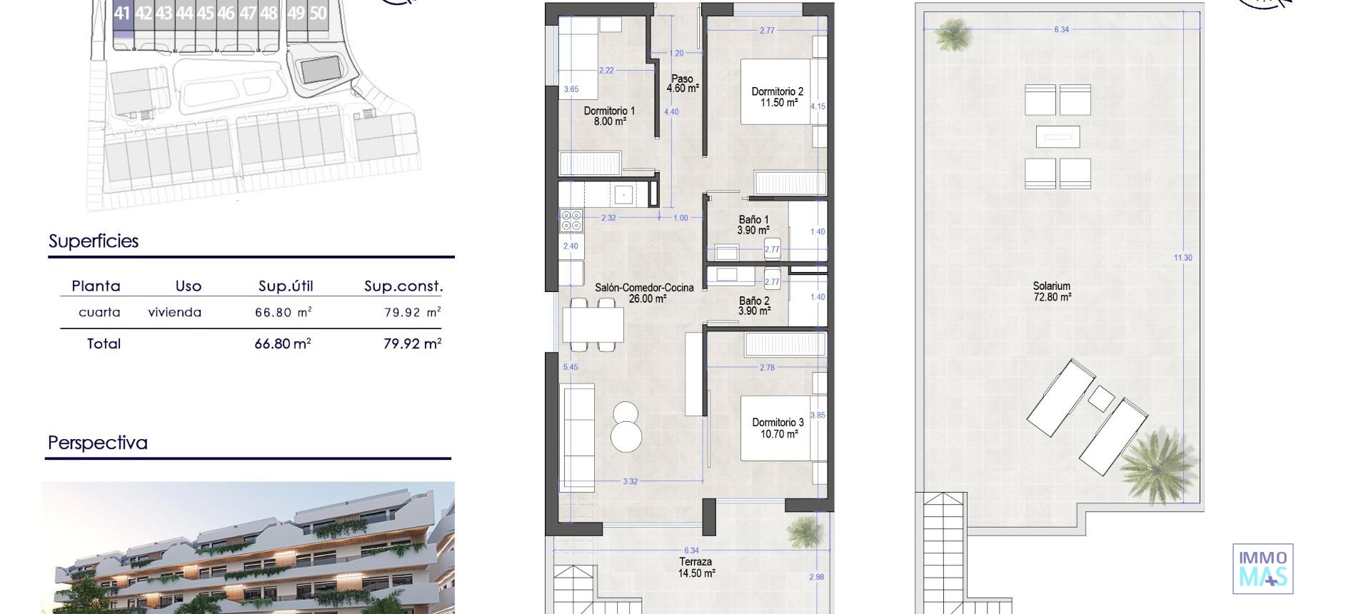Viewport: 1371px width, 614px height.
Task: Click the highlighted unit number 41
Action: (x=123, y=13)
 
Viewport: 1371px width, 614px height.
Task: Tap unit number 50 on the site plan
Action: (x=318, y=13)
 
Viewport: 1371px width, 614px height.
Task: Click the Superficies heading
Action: (x=94, y=241)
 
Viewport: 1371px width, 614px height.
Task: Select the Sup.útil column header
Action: (x=286, y=286)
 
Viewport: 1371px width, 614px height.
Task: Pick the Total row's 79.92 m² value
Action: (x=412, y=343)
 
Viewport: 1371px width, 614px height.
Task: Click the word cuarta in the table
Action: (x=99, y=312)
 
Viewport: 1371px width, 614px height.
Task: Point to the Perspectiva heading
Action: (x=98, y=443)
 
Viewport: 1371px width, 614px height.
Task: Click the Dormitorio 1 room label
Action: (x=609, y=116)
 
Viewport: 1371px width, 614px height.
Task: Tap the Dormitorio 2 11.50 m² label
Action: (x=777, y=97)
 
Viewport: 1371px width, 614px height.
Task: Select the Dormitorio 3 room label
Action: (x=778, y=428)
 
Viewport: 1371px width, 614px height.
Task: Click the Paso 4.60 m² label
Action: (x=682, y=84)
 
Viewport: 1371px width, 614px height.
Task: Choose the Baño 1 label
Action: (x=753, y=225)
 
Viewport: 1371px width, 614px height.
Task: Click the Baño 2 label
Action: (x=754, y=306)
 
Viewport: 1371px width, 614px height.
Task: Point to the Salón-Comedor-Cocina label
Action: (x=644, y=293)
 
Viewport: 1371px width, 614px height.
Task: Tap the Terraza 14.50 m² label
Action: (x=695, y=568)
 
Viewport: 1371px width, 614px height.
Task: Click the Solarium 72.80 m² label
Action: (x=1052, y=291)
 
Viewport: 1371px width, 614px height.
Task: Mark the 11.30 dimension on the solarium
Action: (x=1182, y=258)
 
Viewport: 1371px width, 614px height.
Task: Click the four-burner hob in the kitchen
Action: (x=571, y=220)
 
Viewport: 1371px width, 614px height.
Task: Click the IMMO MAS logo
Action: (x=1262, y=568)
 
